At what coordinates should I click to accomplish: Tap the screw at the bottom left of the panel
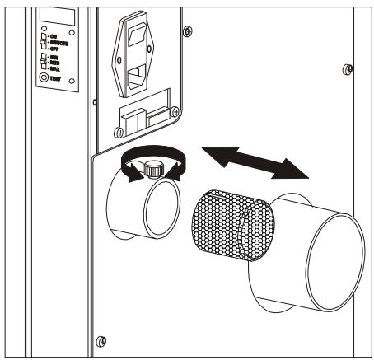[101, 339]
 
